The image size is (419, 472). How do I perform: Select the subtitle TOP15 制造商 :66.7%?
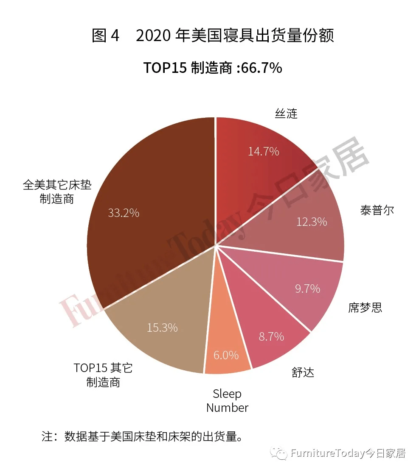212,68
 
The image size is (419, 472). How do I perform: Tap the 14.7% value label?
263,151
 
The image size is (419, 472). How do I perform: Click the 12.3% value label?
311,221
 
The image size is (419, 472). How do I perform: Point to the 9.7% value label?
307,289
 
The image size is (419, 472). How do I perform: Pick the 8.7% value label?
271,336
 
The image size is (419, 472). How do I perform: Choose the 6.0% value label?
226,355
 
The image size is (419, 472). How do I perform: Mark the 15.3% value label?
162,328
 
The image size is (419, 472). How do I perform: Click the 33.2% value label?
123,213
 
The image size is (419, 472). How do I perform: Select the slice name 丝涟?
286,114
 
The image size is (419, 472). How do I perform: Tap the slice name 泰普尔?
377,210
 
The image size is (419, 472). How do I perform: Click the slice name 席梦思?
365,308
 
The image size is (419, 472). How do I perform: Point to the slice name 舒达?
303,372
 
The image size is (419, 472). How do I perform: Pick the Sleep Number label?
227,401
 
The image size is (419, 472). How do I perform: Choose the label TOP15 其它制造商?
103,375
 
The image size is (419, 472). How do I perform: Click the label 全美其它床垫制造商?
57,192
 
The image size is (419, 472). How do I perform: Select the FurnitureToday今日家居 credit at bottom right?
348,453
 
